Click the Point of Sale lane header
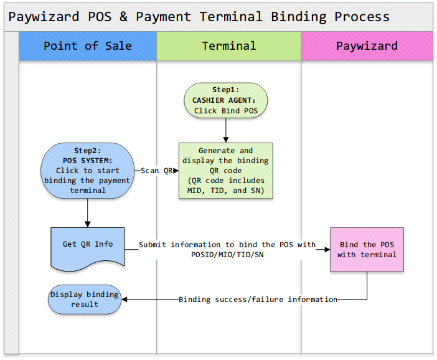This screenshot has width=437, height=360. coord(88,46)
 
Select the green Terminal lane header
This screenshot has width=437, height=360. coord(229,46)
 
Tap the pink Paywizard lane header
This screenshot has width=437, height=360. coord(367,46)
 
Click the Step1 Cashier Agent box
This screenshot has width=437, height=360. coord(226,100)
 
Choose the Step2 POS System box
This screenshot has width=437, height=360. coord(88,171)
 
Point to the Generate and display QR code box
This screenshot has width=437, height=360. coord(226,171)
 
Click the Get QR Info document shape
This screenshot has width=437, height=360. coord(88,248)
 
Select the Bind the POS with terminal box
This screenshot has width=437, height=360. coord(367,250)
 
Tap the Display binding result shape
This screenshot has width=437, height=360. coord(85,300)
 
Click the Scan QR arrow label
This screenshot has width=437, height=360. coord(157,171)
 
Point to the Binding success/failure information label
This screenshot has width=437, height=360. coord(258,300)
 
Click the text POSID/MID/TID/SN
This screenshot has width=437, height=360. coord(227,255)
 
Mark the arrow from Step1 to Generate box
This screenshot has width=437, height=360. coord(226,130)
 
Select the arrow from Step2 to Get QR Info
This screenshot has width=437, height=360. coord(88,213)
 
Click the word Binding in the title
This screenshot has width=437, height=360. coord(298,17)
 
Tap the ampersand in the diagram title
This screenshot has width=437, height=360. coord(123,17)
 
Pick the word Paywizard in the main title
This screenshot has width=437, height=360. coord(44,17)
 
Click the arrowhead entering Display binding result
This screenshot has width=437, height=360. coord(125,300)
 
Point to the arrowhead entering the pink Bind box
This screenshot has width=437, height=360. coord(327,250)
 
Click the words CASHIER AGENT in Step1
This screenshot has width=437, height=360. coord(224,100)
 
